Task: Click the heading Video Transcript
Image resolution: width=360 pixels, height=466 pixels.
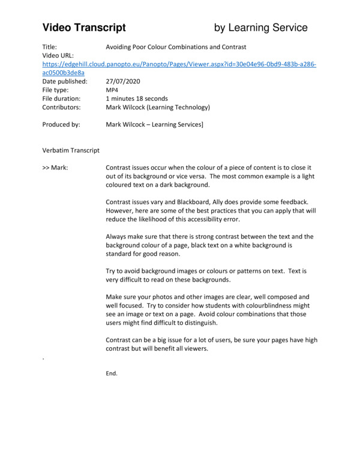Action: pyautogui.click(x=84, y=28)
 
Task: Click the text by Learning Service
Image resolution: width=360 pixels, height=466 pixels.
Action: pyautogui.click(x=261, y=28)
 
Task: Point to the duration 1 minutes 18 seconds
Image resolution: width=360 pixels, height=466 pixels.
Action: pyautogui.click(x=137, y=98)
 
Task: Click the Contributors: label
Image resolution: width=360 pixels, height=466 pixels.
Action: pyautogui.click(x=62, y=107)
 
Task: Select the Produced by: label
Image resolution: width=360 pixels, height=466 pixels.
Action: pyautogui.click(x=62, y=124)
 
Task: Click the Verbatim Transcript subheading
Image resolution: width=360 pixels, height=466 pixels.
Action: pyautogui.click(x=71, y=150)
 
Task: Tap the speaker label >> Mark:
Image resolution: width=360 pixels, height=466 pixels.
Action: pyautogui.click(x=55, y=168)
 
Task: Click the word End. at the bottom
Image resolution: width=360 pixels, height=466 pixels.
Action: pyautogui.click(x=112, y=373)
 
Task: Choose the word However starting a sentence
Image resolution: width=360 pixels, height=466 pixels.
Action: pyautogui.click(x=121, y=211)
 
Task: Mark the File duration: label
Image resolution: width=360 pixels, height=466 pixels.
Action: pyautogui.click(x=63, y=98)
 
